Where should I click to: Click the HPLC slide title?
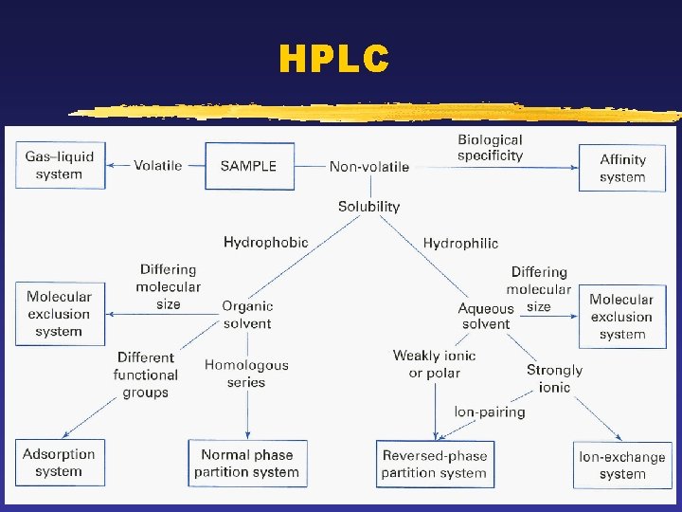click(x=333, y=60)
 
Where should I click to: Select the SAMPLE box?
click(x=248, y=166)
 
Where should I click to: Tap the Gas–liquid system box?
click(x=60, y=165)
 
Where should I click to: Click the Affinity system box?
click(x=622, y=168)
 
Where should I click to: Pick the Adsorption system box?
click(x=59, y=463)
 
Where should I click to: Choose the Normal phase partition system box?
click(x=247, y=463)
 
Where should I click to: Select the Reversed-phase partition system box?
click(x=435, y=464)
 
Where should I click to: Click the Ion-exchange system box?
click(x=622, y=465)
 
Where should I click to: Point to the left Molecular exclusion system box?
click(x=59, y=314)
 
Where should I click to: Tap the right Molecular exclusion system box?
click(x=621, y=317)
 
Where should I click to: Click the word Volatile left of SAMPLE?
click(x=158, y=165)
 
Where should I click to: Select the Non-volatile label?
click(x=369, y=167)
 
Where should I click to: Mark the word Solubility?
click(x=369, y=206)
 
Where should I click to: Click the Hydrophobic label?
click(x=266, y=242)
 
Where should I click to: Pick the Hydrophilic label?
click(x=460, y=244)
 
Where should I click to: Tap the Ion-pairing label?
click(x=490, y=411)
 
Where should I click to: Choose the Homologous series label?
click(x=246, y=374)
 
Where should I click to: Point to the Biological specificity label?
click(x=490, y=148)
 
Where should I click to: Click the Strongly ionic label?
click(x=554, y=378)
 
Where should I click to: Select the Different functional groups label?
click(x=145, y=375)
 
